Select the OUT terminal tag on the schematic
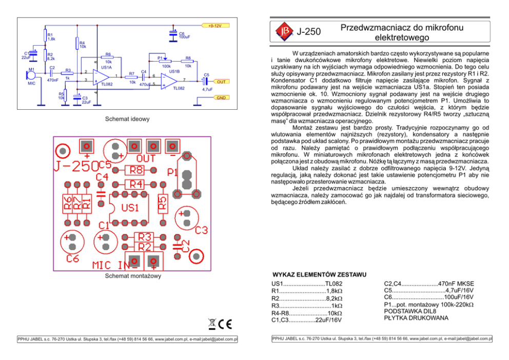221,82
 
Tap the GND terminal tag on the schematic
221,97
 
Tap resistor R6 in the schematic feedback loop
108,57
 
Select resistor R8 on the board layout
136,170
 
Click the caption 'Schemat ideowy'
127,119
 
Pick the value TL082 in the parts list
334,284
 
